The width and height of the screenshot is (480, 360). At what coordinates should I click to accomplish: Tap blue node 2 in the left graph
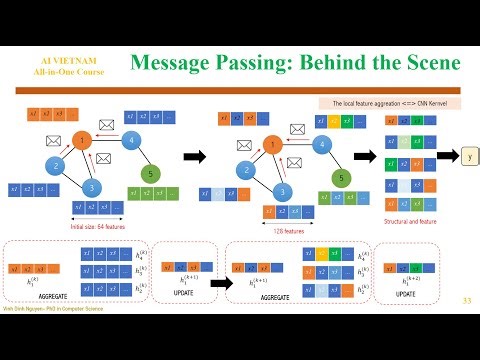coord(56,166)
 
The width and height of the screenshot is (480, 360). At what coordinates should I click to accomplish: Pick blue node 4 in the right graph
coord(318,144)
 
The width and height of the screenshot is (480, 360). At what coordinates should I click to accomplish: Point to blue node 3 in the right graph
coord(284,190)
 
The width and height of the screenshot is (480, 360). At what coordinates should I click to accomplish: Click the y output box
coord(470,157)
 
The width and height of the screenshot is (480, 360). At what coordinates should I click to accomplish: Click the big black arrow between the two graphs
coord(194,157)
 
